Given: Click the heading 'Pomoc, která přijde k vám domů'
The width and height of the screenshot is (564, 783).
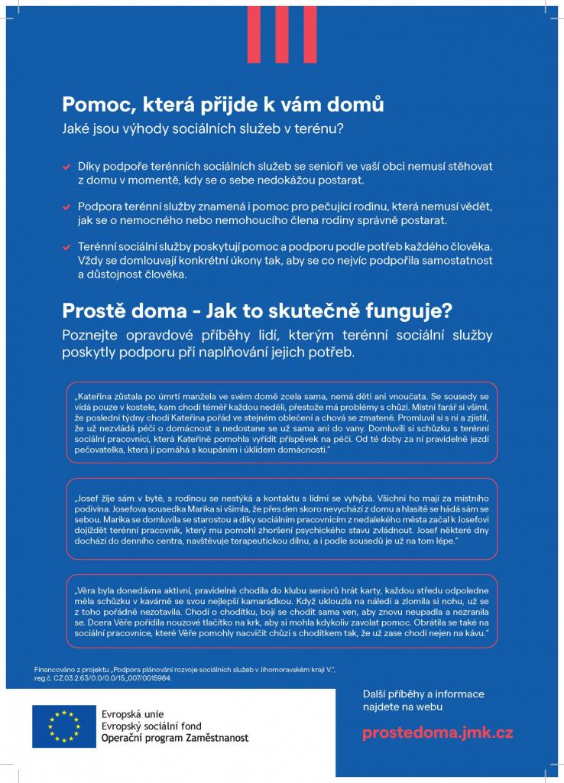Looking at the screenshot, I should point(222,104).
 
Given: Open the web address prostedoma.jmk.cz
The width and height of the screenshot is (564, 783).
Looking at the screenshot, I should point(437,733).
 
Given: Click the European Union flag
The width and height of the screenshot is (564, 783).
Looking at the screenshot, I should point(64,726).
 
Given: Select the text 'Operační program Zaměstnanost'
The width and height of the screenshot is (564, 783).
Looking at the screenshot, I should point(175,738).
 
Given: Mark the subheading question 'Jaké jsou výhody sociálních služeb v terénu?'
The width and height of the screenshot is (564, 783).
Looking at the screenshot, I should point(203,129).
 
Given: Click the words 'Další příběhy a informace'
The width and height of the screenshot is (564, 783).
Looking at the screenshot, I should point(423,694).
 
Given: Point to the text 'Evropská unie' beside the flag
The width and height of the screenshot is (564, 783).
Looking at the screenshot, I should point(131,713).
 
